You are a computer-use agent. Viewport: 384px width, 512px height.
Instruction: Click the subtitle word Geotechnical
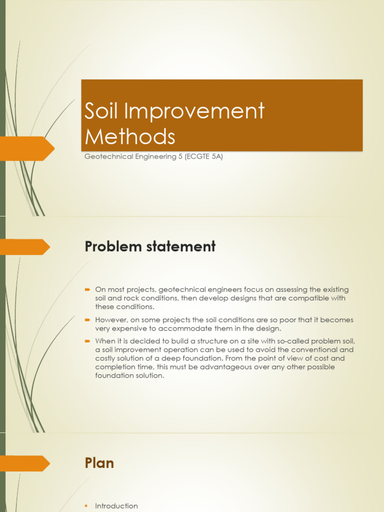tap(108, 156)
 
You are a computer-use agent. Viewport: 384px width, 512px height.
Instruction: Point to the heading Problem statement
tap(150, 246)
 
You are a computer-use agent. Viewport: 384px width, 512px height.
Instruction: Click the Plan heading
tap(99, 463)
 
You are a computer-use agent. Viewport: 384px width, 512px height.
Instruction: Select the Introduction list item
tap(116, 506)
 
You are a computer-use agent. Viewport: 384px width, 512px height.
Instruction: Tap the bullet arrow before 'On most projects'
tap(87, 289)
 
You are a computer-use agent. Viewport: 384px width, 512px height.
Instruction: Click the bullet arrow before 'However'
tap(87, 319)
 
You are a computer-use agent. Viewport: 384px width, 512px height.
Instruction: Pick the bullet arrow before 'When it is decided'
tap(87, 341)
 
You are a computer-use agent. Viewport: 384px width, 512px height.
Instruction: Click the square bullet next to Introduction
tap(87, 506)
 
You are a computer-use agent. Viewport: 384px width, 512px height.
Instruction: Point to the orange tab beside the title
tap(27, 148)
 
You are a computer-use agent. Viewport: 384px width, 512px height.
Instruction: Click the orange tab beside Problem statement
tap(25, 246)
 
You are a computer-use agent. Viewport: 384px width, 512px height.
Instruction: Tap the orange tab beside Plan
tap(25, 463)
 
